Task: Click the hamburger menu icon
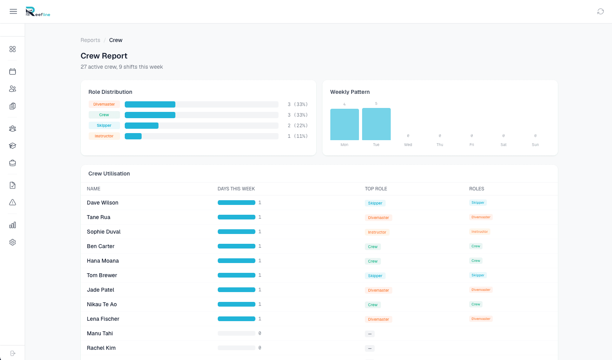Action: (13, 11)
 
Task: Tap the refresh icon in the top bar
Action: (601, 11)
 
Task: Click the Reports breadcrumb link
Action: (91, 40)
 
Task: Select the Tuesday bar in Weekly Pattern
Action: (376, 124)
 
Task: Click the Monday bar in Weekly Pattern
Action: (344, 125)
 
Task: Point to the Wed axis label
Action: (408, 144)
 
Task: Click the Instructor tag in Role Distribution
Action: (104, 136)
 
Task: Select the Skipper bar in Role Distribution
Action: (142, 126)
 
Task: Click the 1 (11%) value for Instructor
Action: (297, 136)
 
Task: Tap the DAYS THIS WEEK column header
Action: (236, 189)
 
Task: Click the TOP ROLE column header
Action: (376, 189)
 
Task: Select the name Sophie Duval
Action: (104, 232)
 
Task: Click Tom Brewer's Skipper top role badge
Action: (375, 276)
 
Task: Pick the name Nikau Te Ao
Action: (102, 305)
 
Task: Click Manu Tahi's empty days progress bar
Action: (236, 333)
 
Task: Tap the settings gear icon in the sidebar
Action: (13, 243)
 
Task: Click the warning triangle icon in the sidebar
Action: (13, 203)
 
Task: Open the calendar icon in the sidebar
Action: (13, 71)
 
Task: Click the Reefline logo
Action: (38, 11)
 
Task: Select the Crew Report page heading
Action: (104, 56)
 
